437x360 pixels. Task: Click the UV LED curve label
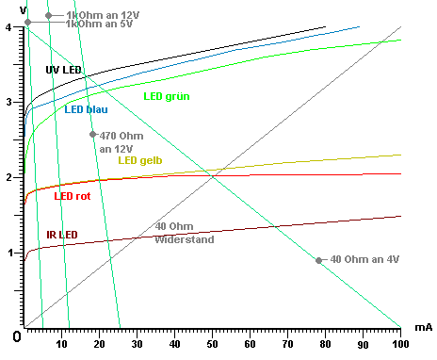click(x=63, y=71)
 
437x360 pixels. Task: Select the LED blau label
click(x=87, y=109)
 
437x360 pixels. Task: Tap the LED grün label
click(x=165, y=96)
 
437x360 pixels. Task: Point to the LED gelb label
click(x=139, y=159)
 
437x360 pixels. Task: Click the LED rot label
click(x=73, y=196)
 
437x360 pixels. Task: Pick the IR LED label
click(x=62, y=235)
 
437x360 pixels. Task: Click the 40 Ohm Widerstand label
click(x=185, y=233)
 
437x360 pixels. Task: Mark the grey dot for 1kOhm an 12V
click(x=48, y=15)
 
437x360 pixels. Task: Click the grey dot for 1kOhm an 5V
click(x=27, y=22)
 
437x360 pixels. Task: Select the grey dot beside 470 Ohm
click(x=92, y=135)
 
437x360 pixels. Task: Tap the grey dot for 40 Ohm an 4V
click(x=319, y=260)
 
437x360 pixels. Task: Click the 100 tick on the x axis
click(x=399, y=345)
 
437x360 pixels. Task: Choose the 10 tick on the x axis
click(x=62, y=345)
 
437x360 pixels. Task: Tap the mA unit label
click(x=423, y=326)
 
